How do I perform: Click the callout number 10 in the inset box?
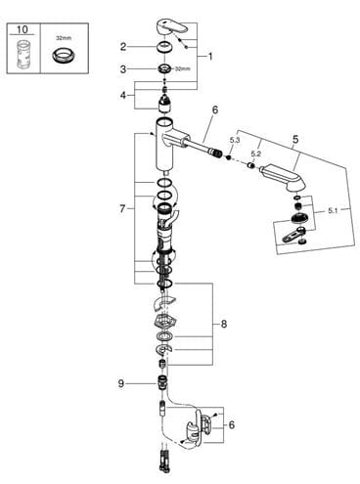click(22, 29)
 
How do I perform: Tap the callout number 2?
click(123, 47)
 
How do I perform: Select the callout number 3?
click(123, 69)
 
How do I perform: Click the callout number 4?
click(123, 95)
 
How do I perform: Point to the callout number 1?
click(210, 57)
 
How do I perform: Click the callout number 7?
click(122, 208)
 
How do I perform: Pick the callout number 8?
click(224, 324)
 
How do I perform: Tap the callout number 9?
click(121, 383)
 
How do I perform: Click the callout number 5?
click(295, 139)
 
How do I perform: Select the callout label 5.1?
click(333, 211)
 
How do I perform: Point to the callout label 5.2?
click(256, 154)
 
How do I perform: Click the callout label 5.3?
click(235, 140)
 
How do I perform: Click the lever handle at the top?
click(172, 27)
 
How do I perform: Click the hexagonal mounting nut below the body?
click(165, 322)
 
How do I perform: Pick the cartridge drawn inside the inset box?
click(22, 54)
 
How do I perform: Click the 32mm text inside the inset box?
click(64, 38)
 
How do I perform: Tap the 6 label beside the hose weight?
click(231, 424)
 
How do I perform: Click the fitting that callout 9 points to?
click(162, 381)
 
